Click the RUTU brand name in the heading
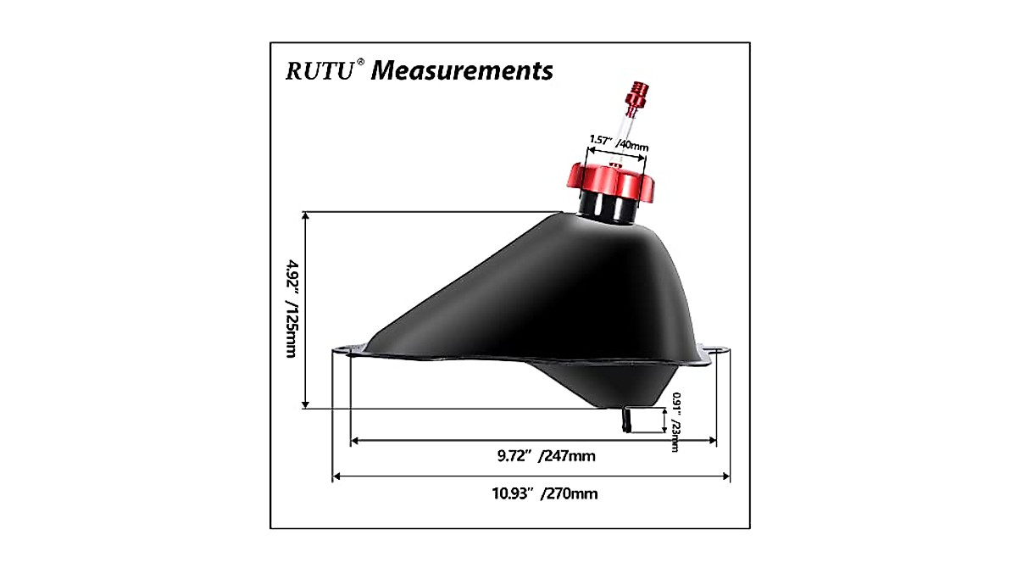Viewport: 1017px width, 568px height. click(320, 70)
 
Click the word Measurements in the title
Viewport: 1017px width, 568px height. click(462, 70)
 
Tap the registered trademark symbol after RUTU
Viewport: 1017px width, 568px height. click(361, 62)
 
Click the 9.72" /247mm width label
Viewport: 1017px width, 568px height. click(546, 456)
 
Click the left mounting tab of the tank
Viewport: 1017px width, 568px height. click(349, 350)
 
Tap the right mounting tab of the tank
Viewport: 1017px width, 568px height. click(714, 354)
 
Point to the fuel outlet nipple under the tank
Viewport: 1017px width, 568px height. click(627, 420)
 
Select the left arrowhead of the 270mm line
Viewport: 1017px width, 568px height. click(336, 477)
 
